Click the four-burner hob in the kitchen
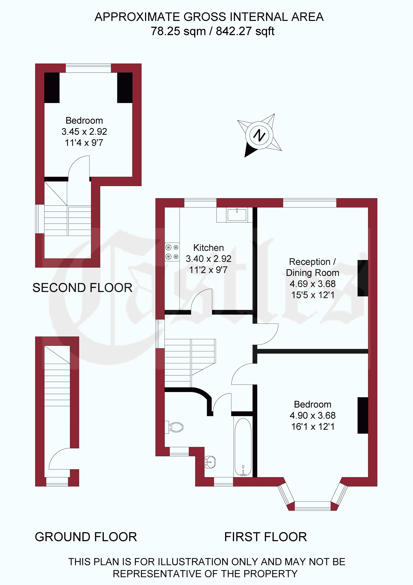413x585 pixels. coord(172,252)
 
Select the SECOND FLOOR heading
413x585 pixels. coord(82,288)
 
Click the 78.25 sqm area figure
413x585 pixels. coord(178,31)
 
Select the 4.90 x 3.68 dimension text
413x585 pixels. coord(312,416)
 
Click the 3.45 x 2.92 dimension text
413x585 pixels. coord(84,131)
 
